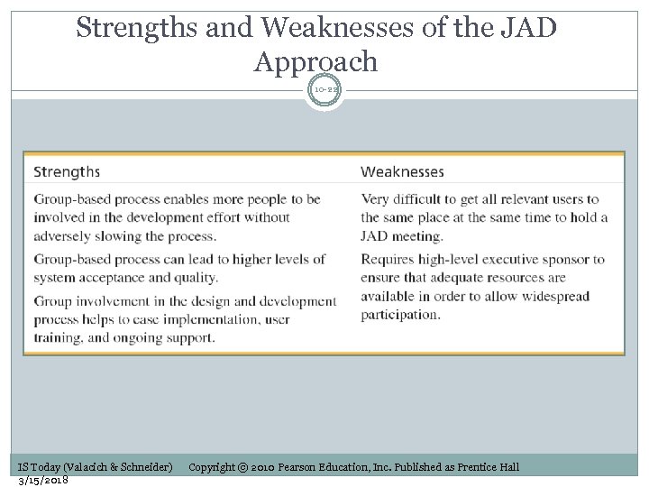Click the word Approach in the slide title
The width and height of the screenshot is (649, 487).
click(x=315, y=61)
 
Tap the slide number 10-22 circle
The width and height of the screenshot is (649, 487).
click(x=324, y=91)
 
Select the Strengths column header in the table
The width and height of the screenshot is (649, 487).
click(x=67, y=171)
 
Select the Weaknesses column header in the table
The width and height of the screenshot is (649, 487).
click(x=402, y=171)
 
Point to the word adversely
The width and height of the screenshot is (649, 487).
click(x=66, y=236)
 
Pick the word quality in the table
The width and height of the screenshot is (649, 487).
click(x=196, y=278)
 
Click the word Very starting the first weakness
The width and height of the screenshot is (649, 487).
click(x=377, y=199)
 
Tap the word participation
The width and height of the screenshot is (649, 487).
click(x=400, y=315)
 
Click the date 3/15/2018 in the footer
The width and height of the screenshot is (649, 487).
click(x=43, y=479)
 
